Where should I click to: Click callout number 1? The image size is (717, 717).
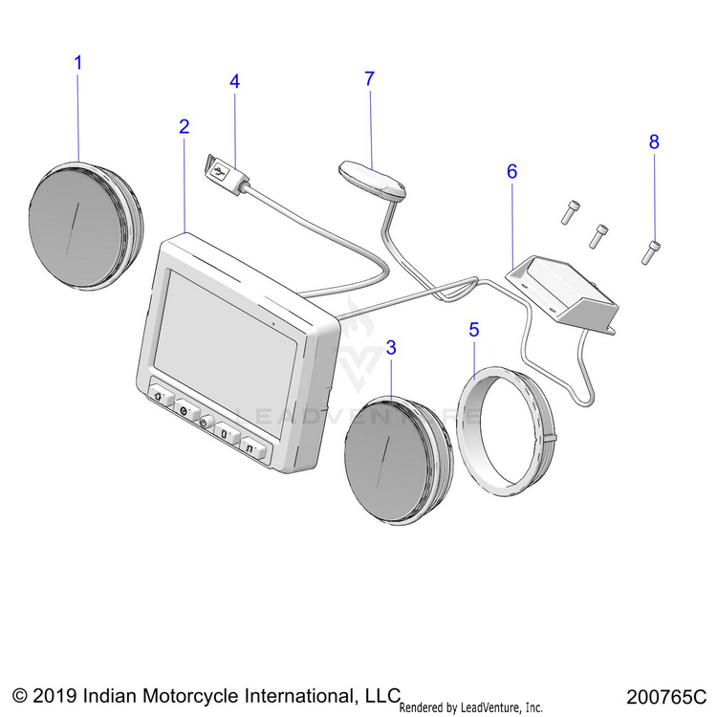click(x=78, y=63)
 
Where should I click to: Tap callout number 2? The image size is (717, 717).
click(x=184, y=126)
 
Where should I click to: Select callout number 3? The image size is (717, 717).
click(x=390, y=348)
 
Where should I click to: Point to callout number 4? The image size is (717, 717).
click(x=234, y=81)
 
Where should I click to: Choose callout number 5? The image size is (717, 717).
click(x=473, y=330)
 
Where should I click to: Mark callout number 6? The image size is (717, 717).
click(x=511, y=172)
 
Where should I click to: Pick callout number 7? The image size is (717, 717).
click(x=369, y=79)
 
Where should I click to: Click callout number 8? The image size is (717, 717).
click(x=654, y=142)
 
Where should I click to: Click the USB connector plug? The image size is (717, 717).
click(x=223, y=173)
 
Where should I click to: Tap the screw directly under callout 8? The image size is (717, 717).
click(x=653, y=251)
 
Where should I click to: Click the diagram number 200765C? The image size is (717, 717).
click(x=666, y=695)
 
